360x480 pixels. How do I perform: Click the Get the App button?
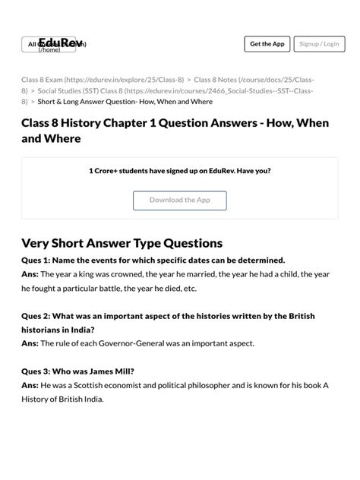click(267, 44)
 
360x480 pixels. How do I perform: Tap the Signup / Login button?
click(319, 44)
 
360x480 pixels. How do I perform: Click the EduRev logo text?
click(60, 41)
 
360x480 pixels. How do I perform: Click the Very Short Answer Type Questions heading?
click(122, 243)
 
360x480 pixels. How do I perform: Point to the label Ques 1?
click(36, 260)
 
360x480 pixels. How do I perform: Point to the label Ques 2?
click(36, 316)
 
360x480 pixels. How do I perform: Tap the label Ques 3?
click(36, 371)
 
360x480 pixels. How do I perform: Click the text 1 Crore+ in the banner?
click(104, 171)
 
